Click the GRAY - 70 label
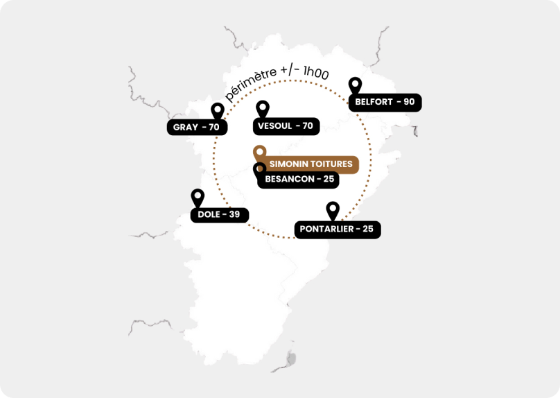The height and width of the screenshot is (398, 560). point(196,127)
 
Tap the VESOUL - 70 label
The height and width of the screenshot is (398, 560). point(285,126)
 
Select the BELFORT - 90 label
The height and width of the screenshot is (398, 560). point(385,102)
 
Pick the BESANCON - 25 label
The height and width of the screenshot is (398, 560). point(300,180)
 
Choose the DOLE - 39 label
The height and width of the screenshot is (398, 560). point(219,214)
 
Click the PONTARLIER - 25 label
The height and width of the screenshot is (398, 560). point(337,230)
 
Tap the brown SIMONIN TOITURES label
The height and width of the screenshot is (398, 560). point(310,164)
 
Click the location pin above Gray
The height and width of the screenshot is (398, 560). point(218,111)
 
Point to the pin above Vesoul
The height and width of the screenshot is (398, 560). point(262,109)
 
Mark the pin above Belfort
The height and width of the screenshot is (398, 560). point(355,85)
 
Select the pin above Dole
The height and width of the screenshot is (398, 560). point(198,197)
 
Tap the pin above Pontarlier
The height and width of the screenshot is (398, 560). point(333,209)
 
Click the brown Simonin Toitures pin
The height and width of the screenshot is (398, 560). point(259,152)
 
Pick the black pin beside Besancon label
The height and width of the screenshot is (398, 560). point(259,170)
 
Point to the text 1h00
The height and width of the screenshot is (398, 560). point(315,72)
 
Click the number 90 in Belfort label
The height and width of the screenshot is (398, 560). point(408,102)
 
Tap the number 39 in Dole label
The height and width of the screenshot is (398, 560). point(234,214)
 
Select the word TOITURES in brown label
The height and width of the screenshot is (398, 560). point(331,164)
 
